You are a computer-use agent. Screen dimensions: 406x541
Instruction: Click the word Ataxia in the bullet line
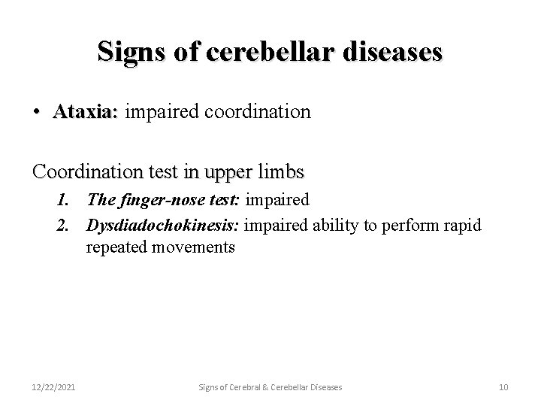(x=85, y=112)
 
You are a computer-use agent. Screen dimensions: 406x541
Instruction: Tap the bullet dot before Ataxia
(x=37, y=113)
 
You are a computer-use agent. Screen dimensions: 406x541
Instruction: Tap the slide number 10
(x=503, y=386)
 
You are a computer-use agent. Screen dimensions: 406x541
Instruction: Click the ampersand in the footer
(x=264, y=386)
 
